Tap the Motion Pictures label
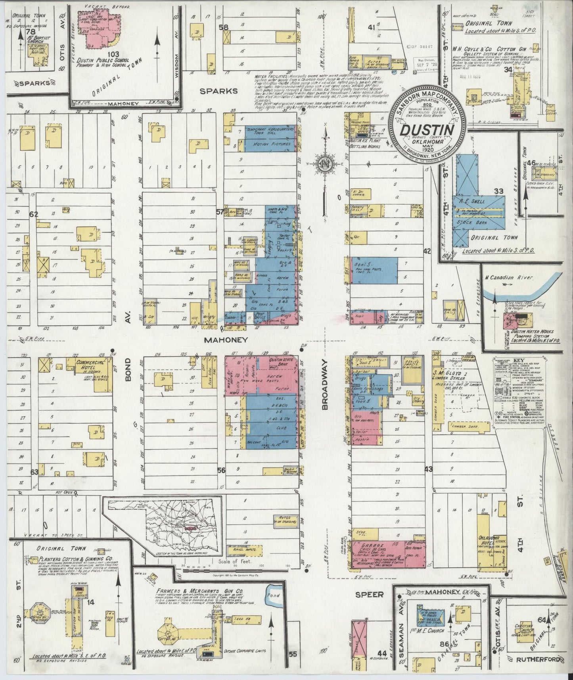(268, 144)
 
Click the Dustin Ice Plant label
(364, 141)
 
